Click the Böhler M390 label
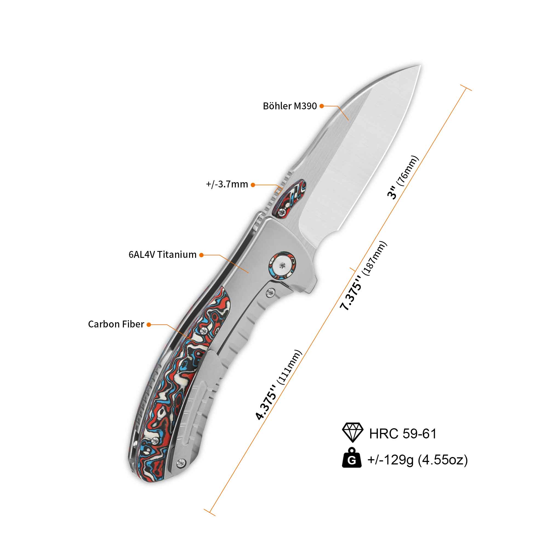point(290,106)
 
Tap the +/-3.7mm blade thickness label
point(227,184)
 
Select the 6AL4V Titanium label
point(162,255)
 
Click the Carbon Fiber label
point(116,324)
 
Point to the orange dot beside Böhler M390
point(322,106)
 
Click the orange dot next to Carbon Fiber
point(149,325)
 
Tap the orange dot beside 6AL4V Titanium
point(201,255)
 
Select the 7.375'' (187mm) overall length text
point(363,276)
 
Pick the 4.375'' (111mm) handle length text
point(279,385)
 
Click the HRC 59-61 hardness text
point(403,434)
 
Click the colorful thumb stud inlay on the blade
point(289,199)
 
